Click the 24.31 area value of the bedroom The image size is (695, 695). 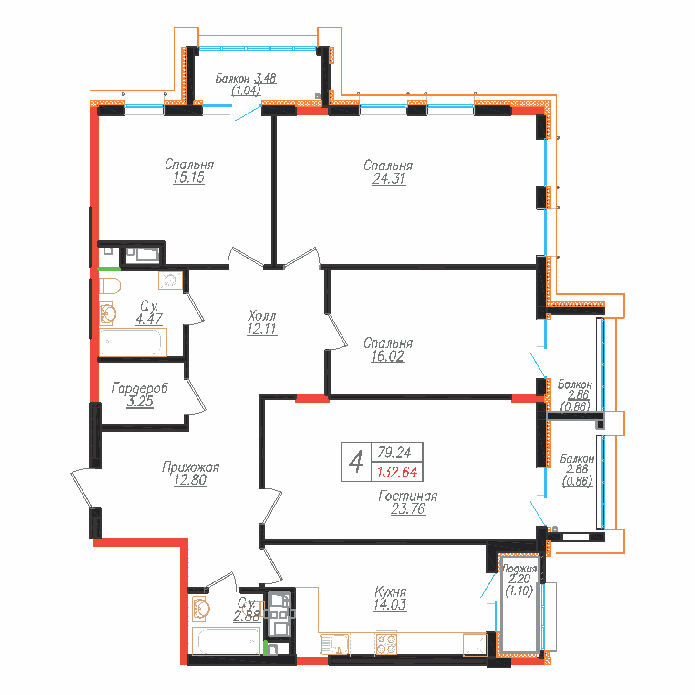(389, 179)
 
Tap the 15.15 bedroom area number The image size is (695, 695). (189, 177)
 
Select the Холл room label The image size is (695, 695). (262, 316)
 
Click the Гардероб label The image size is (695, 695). (140, 388)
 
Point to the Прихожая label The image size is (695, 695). (190, 467)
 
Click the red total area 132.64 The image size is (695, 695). (397, 472)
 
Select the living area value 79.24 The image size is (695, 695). (394, 452)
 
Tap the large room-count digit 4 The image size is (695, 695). (356, 462)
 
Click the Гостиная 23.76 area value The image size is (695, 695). (408, 509)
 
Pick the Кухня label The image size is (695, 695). (390, 592)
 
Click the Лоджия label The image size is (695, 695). (519, 569)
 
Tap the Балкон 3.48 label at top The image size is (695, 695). (246, 78)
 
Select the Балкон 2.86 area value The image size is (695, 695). (578, 395)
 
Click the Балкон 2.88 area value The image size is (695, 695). (577, 469)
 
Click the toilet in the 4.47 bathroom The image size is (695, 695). (110, 286)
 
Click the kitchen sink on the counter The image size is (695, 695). (335, 644)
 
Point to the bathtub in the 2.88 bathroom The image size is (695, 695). (227, 641)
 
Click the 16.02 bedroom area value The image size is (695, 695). (387, 356)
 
